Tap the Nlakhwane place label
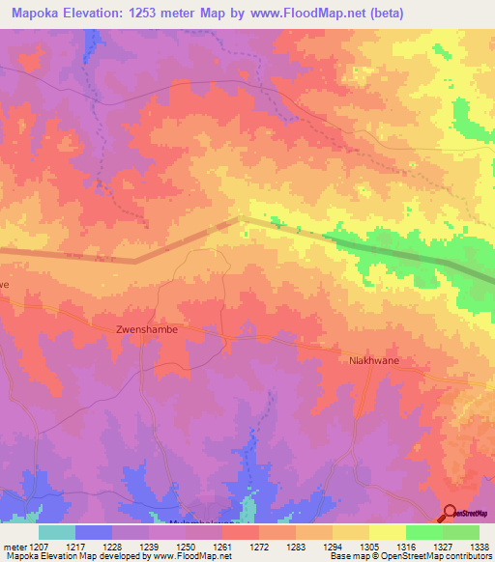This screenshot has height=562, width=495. (x=373, y=360)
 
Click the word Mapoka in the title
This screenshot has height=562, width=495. (x=38, y=13)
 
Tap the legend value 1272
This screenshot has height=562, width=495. (x=259, y=547)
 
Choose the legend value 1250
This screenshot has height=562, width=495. (x=187, y=547)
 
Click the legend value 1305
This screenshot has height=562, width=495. (x=369, y=547)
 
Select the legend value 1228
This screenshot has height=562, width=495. (x=113, y=547)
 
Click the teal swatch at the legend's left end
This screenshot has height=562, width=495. (x=57, y=532)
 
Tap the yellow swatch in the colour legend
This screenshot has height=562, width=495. (x=387, y=532)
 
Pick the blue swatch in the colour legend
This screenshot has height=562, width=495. (x=94, y=532)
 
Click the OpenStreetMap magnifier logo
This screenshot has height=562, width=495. (x=451, y=514)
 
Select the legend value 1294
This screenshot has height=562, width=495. (x=333, y=547)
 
